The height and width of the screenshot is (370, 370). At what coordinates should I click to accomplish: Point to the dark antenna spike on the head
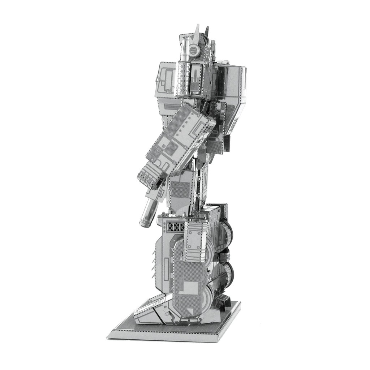[x=207, y=31]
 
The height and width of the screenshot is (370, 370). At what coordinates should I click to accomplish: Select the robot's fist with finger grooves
[x=149, y=175]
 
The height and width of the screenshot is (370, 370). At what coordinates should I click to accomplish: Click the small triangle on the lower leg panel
[x=190, y=310]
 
